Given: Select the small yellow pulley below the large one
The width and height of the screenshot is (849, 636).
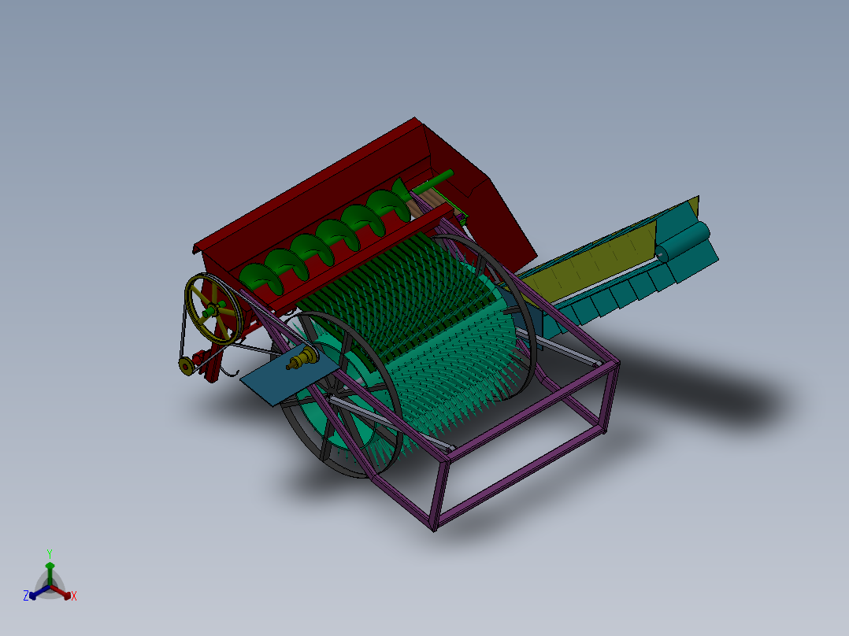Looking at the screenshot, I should coord(186,366).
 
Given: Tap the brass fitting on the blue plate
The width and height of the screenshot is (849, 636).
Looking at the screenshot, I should coord(301,361).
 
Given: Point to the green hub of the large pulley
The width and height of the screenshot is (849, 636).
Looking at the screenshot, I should coord(213,309).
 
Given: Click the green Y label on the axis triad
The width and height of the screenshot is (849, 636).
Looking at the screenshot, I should coord(50,553).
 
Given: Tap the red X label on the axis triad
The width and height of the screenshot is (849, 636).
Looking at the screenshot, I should coord(74,597).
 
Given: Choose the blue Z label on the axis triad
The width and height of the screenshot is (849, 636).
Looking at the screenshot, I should coord(26,596).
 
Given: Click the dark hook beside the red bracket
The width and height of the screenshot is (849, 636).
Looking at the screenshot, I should coord(231,370).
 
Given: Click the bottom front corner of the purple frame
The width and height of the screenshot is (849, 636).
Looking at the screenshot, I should coord(434,526).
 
